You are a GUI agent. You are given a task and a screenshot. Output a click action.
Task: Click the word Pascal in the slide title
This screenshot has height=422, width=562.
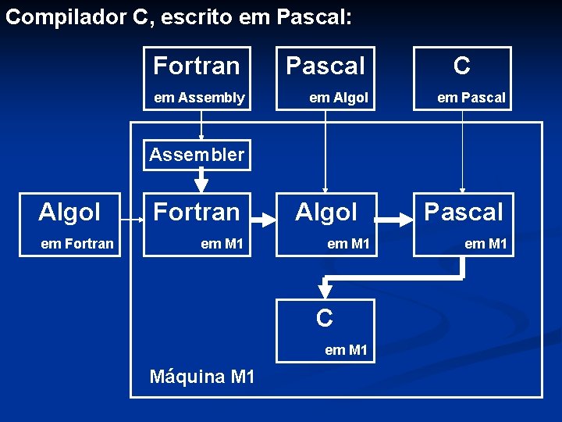[312, 18]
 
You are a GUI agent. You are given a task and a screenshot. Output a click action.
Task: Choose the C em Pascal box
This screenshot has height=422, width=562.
[462, 78]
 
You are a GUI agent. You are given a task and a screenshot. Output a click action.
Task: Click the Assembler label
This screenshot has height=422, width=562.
[197, 155]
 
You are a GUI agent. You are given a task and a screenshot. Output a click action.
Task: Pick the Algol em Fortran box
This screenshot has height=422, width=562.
[76, 225]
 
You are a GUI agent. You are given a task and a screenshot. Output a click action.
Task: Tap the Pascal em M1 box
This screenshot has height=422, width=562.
[464, 225]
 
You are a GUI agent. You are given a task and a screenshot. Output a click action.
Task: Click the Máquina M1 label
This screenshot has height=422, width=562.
[202, 377]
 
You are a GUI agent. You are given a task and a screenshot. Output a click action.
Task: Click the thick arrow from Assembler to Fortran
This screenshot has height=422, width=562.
[201, 181]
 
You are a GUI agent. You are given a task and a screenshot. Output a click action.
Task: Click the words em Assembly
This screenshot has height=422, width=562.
[199, 98]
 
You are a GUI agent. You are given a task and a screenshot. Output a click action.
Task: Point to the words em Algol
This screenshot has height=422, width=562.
[338, 98]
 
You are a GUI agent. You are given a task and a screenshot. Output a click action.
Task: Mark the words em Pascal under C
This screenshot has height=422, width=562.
[471, 98]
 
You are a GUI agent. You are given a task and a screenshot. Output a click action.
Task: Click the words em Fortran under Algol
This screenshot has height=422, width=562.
[76, 244]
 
